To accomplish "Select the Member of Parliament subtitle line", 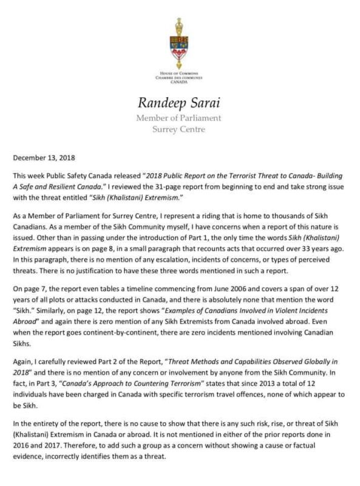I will [180, 117].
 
